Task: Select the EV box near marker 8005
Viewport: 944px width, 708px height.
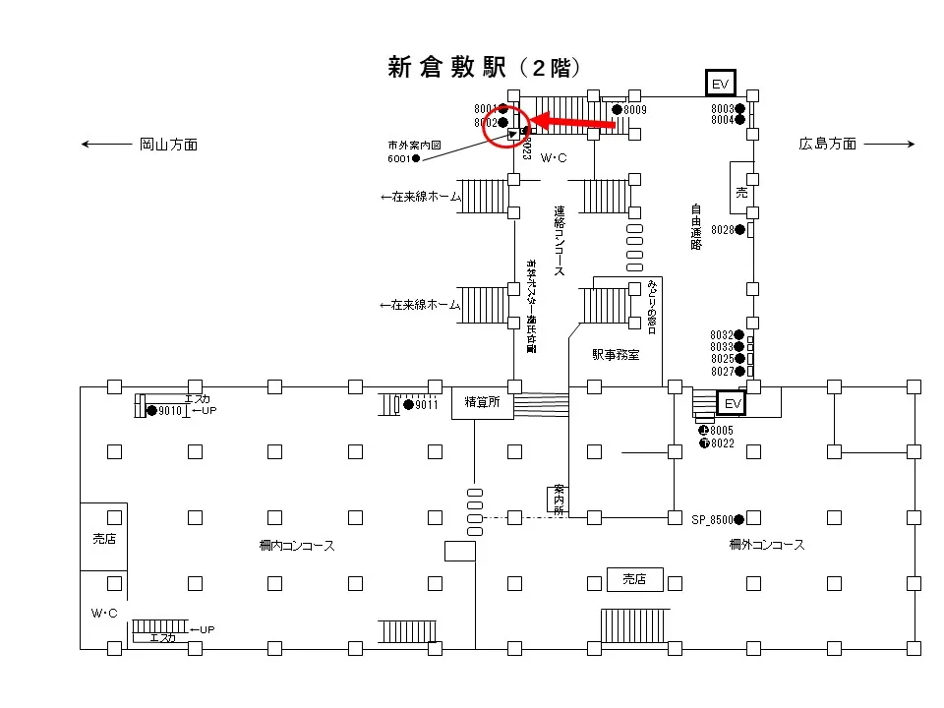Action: click(731, 403)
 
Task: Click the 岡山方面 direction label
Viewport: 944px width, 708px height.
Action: click(168, 145)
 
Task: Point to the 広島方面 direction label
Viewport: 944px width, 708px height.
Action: click(827, 145)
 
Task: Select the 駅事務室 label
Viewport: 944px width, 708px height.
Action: click(615, 354)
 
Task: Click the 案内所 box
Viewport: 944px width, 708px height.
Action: click(559, 499)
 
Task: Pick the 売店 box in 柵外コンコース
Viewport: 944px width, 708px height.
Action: click(635, 580)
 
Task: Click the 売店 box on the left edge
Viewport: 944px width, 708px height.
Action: click(103, 540)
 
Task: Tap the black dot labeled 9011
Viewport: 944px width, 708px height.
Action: click(408, 404)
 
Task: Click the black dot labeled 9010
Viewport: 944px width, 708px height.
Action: click(151, 410)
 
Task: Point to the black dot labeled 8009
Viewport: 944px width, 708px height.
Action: click(617, 109)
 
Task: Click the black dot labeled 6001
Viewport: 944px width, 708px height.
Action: click(416, 158)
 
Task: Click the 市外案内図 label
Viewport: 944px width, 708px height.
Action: click(414, 145)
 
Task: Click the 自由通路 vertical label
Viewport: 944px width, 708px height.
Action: click(695, 226)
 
